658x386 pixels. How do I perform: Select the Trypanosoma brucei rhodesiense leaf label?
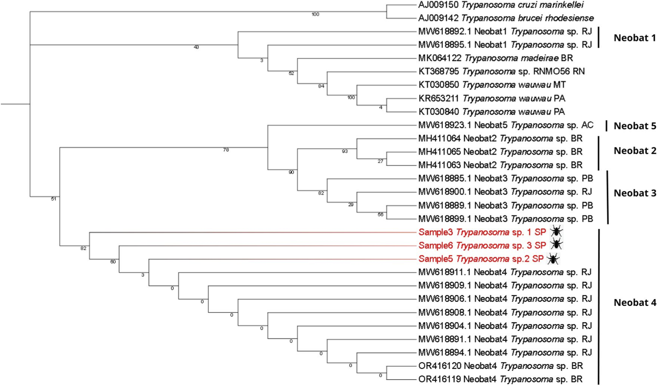(x=506, y=18)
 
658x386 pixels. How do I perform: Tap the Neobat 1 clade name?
(x=635, y=38)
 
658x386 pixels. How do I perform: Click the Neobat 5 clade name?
(x=635, y=126)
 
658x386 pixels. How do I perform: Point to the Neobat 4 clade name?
(x=635, y=303)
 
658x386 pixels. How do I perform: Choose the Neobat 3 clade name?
(x=635, y=193)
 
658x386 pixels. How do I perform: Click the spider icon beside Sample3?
(x=556, y=232)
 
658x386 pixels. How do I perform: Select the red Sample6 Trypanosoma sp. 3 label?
(x=482, y=245)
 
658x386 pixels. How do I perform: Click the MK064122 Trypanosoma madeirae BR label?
(x=495, y=58)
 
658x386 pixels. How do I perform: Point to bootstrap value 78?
(x=226, y=150)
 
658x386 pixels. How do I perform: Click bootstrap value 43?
(x=196, y=47)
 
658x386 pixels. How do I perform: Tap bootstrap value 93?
(x=345, y=151)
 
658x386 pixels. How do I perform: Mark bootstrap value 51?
(x=53, y=199)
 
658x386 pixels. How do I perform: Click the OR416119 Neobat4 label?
(x=500, y=379)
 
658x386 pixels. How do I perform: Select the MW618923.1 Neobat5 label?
(x=506, y=125)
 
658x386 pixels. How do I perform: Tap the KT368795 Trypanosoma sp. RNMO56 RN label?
(x=501, y=71)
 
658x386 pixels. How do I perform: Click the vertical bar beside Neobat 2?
(x=598, y=153)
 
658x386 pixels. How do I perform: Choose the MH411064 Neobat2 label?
(x=500, y=139)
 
